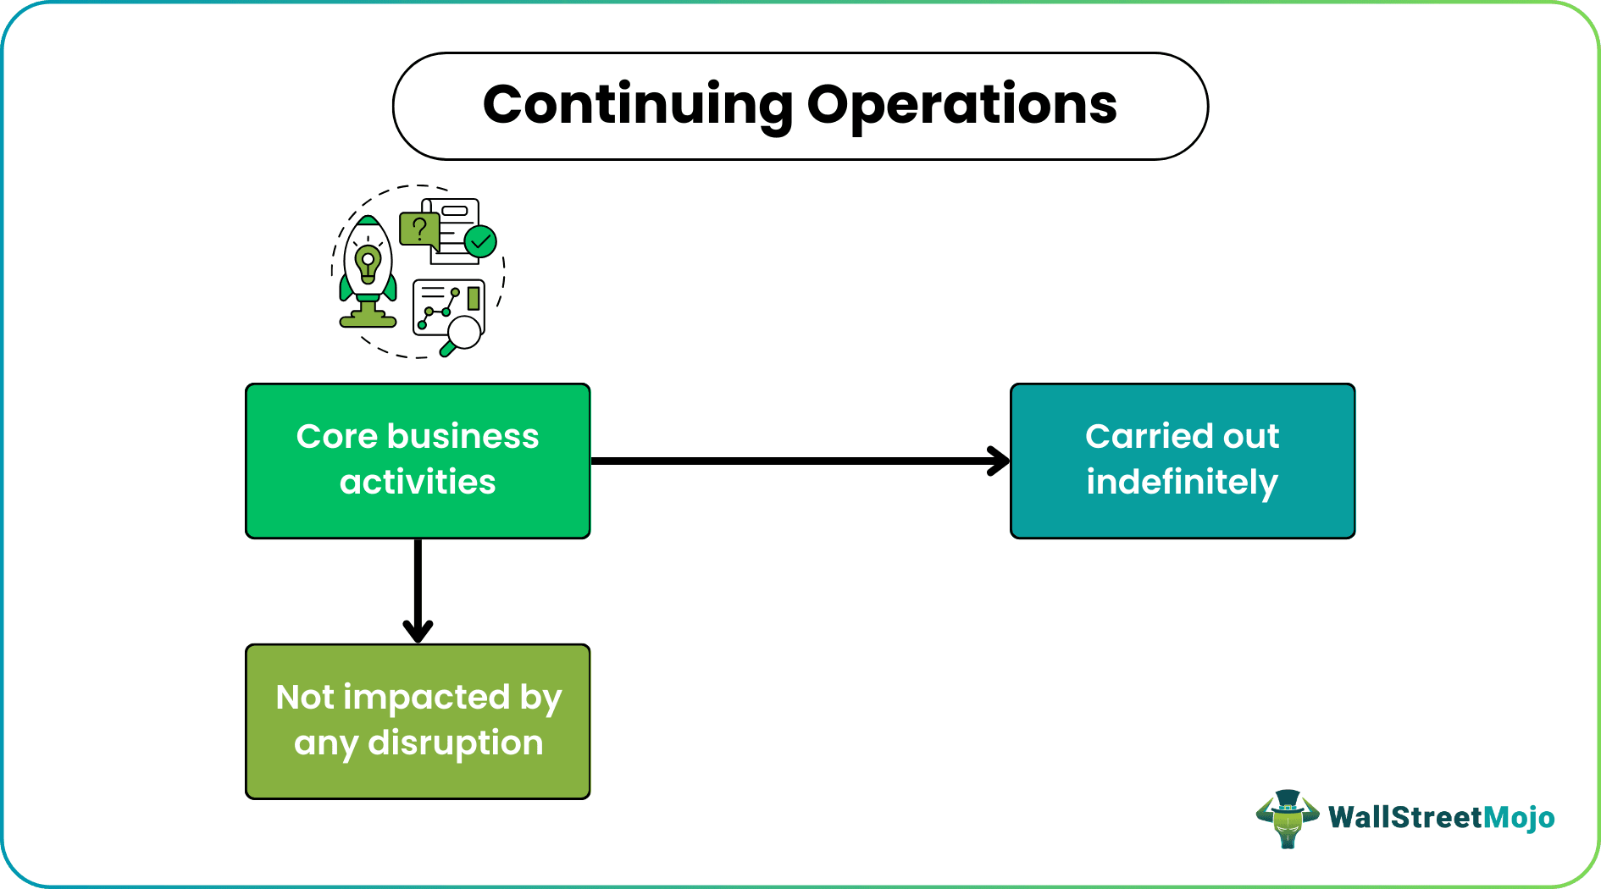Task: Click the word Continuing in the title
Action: [x=637, y=105]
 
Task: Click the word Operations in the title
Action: [x=961, y=105]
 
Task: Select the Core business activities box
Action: [x=418, y=461]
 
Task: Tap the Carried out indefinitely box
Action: [x=1183, y=461]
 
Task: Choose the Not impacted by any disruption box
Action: [x=418, y=721]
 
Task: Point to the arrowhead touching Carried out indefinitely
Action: [x=1000, y=461]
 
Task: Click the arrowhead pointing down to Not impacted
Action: [x=418, y=632]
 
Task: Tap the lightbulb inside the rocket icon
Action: [x=368, y=261]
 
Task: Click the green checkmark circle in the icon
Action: [x=481, y=242]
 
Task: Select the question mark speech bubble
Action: [x=418, y=229]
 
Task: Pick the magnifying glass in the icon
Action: [x=463, y=333]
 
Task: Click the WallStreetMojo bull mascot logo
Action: [x=1287, y=818]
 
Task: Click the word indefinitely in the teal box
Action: [x=1182, y=483]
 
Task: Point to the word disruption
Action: [x=455, y=743]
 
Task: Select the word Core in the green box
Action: [x=336, y=437]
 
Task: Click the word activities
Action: [x=418, y=483]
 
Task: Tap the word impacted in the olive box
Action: [x=427, y=698]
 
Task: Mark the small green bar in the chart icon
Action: [x=474, y=298]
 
